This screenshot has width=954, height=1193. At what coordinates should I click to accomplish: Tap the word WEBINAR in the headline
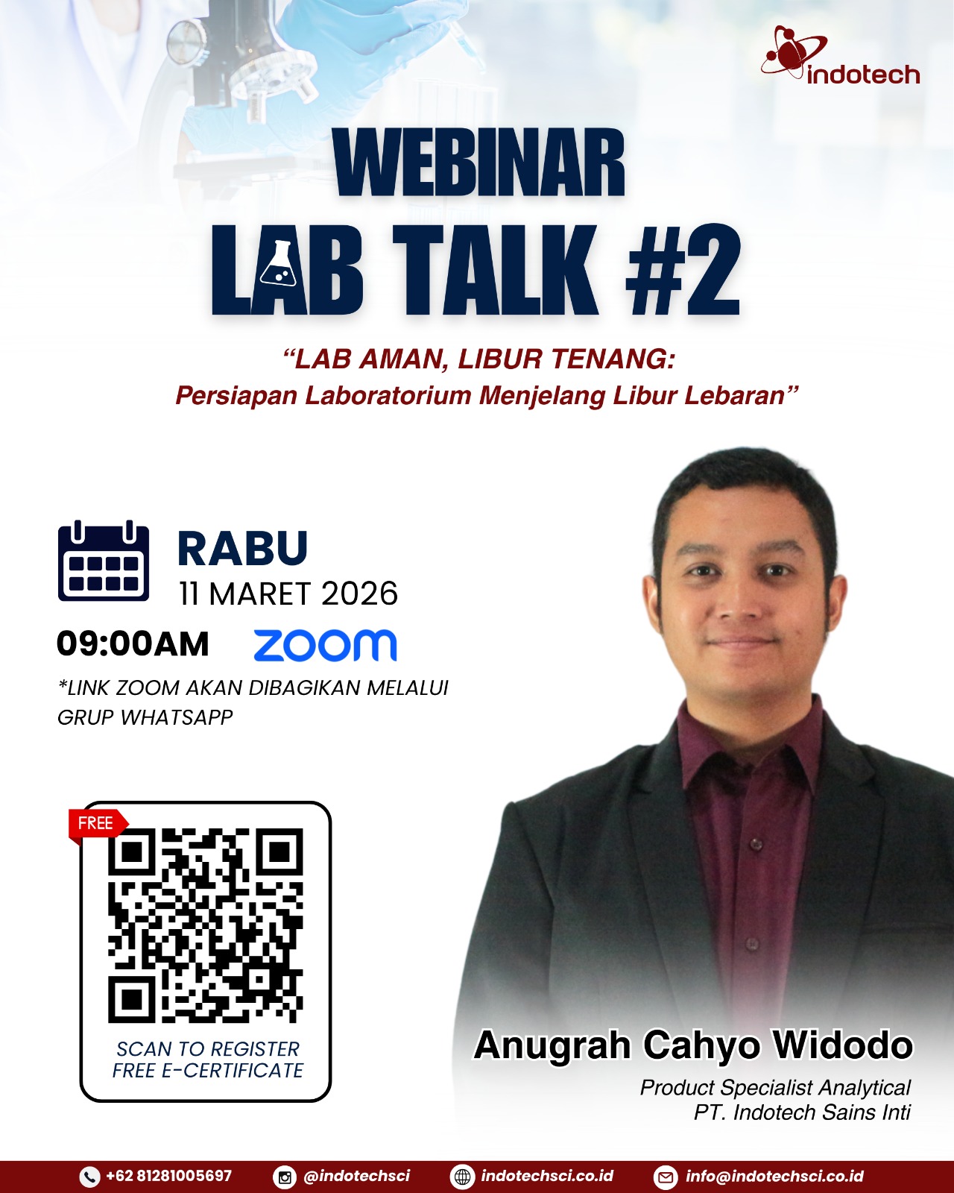[x=479, y=161]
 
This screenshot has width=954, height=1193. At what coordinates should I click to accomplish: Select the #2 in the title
[x=683, y=269]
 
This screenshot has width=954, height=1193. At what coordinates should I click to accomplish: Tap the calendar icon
[x=104, y=561]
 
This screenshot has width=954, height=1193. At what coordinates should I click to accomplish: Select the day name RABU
[x=242, y=548]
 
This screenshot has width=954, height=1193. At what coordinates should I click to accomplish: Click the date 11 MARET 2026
[x=288, y=594]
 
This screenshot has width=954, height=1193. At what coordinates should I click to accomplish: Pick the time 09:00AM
[x=133, y=644]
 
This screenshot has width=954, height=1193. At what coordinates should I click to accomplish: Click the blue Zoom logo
[x=326, y=645]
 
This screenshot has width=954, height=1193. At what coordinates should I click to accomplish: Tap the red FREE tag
[x=98, y=823]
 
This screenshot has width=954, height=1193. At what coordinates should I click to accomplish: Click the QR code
[x=206, y=925]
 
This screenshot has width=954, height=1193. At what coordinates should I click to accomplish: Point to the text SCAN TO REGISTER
[x=208, y=1049]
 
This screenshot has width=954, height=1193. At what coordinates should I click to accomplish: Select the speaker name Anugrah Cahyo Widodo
[x=693, y=1045]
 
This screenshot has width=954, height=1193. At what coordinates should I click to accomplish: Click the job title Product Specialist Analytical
[x=776, y=1088]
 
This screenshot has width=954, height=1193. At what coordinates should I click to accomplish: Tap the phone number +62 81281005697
[x=168, y=1176]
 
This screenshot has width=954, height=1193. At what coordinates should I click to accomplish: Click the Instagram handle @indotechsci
[x=357, y=1176]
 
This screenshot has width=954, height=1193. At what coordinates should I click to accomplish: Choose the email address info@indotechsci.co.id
[x=775, y=1176]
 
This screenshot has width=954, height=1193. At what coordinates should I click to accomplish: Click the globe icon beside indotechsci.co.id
[x=463, y=1177]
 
